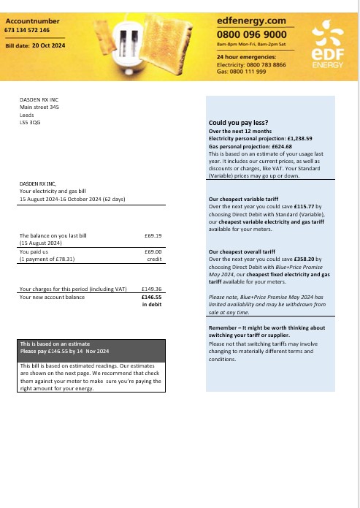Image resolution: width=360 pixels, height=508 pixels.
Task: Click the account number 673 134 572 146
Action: [x=27, y=31]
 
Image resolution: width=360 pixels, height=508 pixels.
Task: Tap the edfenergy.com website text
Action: [x=251, y=22]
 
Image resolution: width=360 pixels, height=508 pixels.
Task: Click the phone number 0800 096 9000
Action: [x=252, y=34]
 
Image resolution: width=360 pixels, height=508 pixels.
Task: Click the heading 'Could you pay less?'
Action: [x=238, y=123]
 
